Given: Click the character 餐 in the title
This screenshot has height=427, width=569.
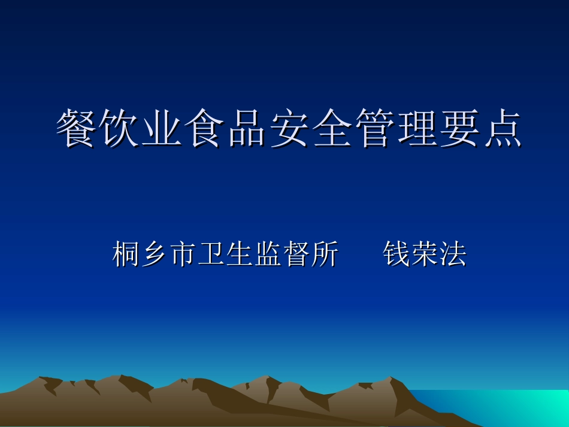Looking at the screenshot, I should [77, 129].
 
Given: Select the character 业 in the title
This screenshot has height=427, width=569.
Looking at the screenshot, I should [162, 129].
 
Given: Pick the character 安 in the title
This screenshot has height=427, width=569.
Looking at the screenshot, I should [289, 129].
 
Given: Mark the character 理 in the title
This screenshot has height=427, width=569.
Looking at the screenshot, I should [416, 129].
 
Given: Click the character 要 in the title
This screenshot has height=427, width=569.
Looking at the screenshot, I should [459, 129].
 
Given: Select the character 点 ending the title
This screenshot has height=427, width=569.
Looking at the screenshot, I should [501, 129].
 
